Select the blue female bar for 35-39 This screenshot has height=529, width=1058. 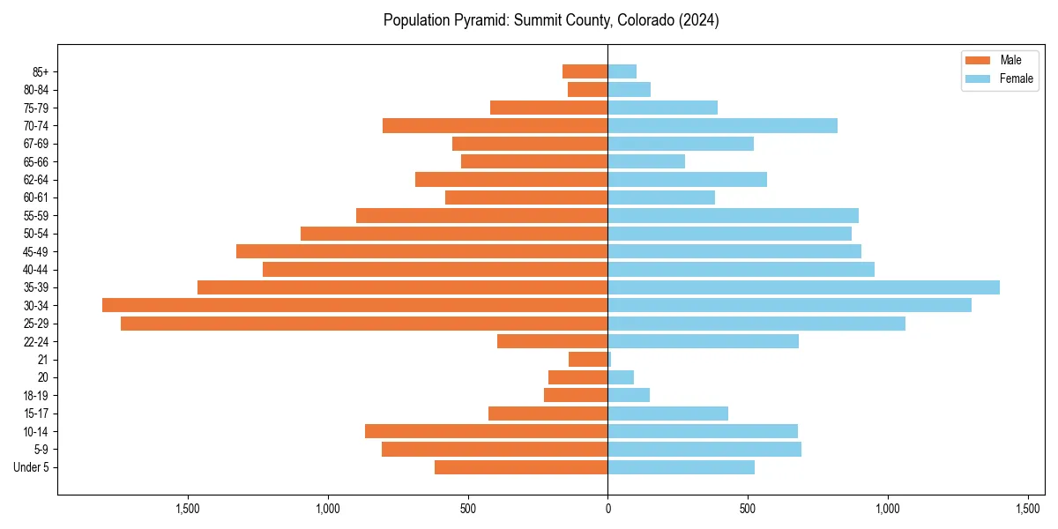coord(803,287)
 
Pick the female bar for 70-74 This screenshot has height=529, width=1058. coord(722,125)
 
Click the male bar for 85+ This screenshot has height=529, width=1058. coord(585,71)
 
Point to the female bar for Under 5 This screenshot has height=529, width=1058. coord(681,467)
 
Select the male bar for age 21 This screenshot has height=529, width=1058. coord(588,360)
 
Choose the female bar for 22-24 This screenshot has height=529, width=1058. coord(703,341)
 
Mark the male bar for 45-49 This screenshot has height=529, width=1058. coord(421,251)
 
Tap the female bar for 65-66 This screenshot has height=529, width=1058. coord(646,161)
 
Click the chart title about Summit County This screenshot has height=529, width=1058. coord(551,20)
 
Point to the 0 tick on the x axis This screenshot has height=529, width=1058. coord(607,509)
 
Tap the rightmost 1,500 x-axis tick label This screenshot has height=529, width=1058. coord(1028,509)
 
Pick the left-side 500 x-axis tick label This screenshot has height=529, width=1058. coord(467,509)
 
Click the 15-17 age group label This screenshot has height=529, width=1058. coord(35,414)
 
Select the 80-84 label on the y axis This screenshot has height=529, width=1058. coord(35,89)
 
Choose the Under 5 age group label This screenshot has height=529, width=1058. coord(31,467)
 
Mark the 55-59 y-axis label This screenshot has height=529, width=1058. coord(35,215)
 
